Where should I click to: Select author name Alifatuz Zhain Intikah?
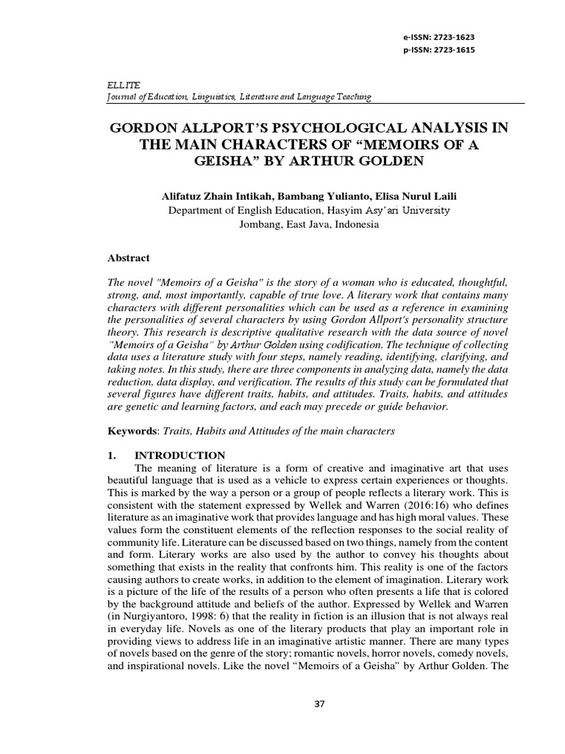coord(215,197)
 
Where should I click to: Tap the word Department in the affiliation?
coord(196,211)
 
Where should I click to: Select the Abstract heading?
coord(129,258)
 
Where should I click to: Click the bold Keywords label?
coord(129,431)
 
